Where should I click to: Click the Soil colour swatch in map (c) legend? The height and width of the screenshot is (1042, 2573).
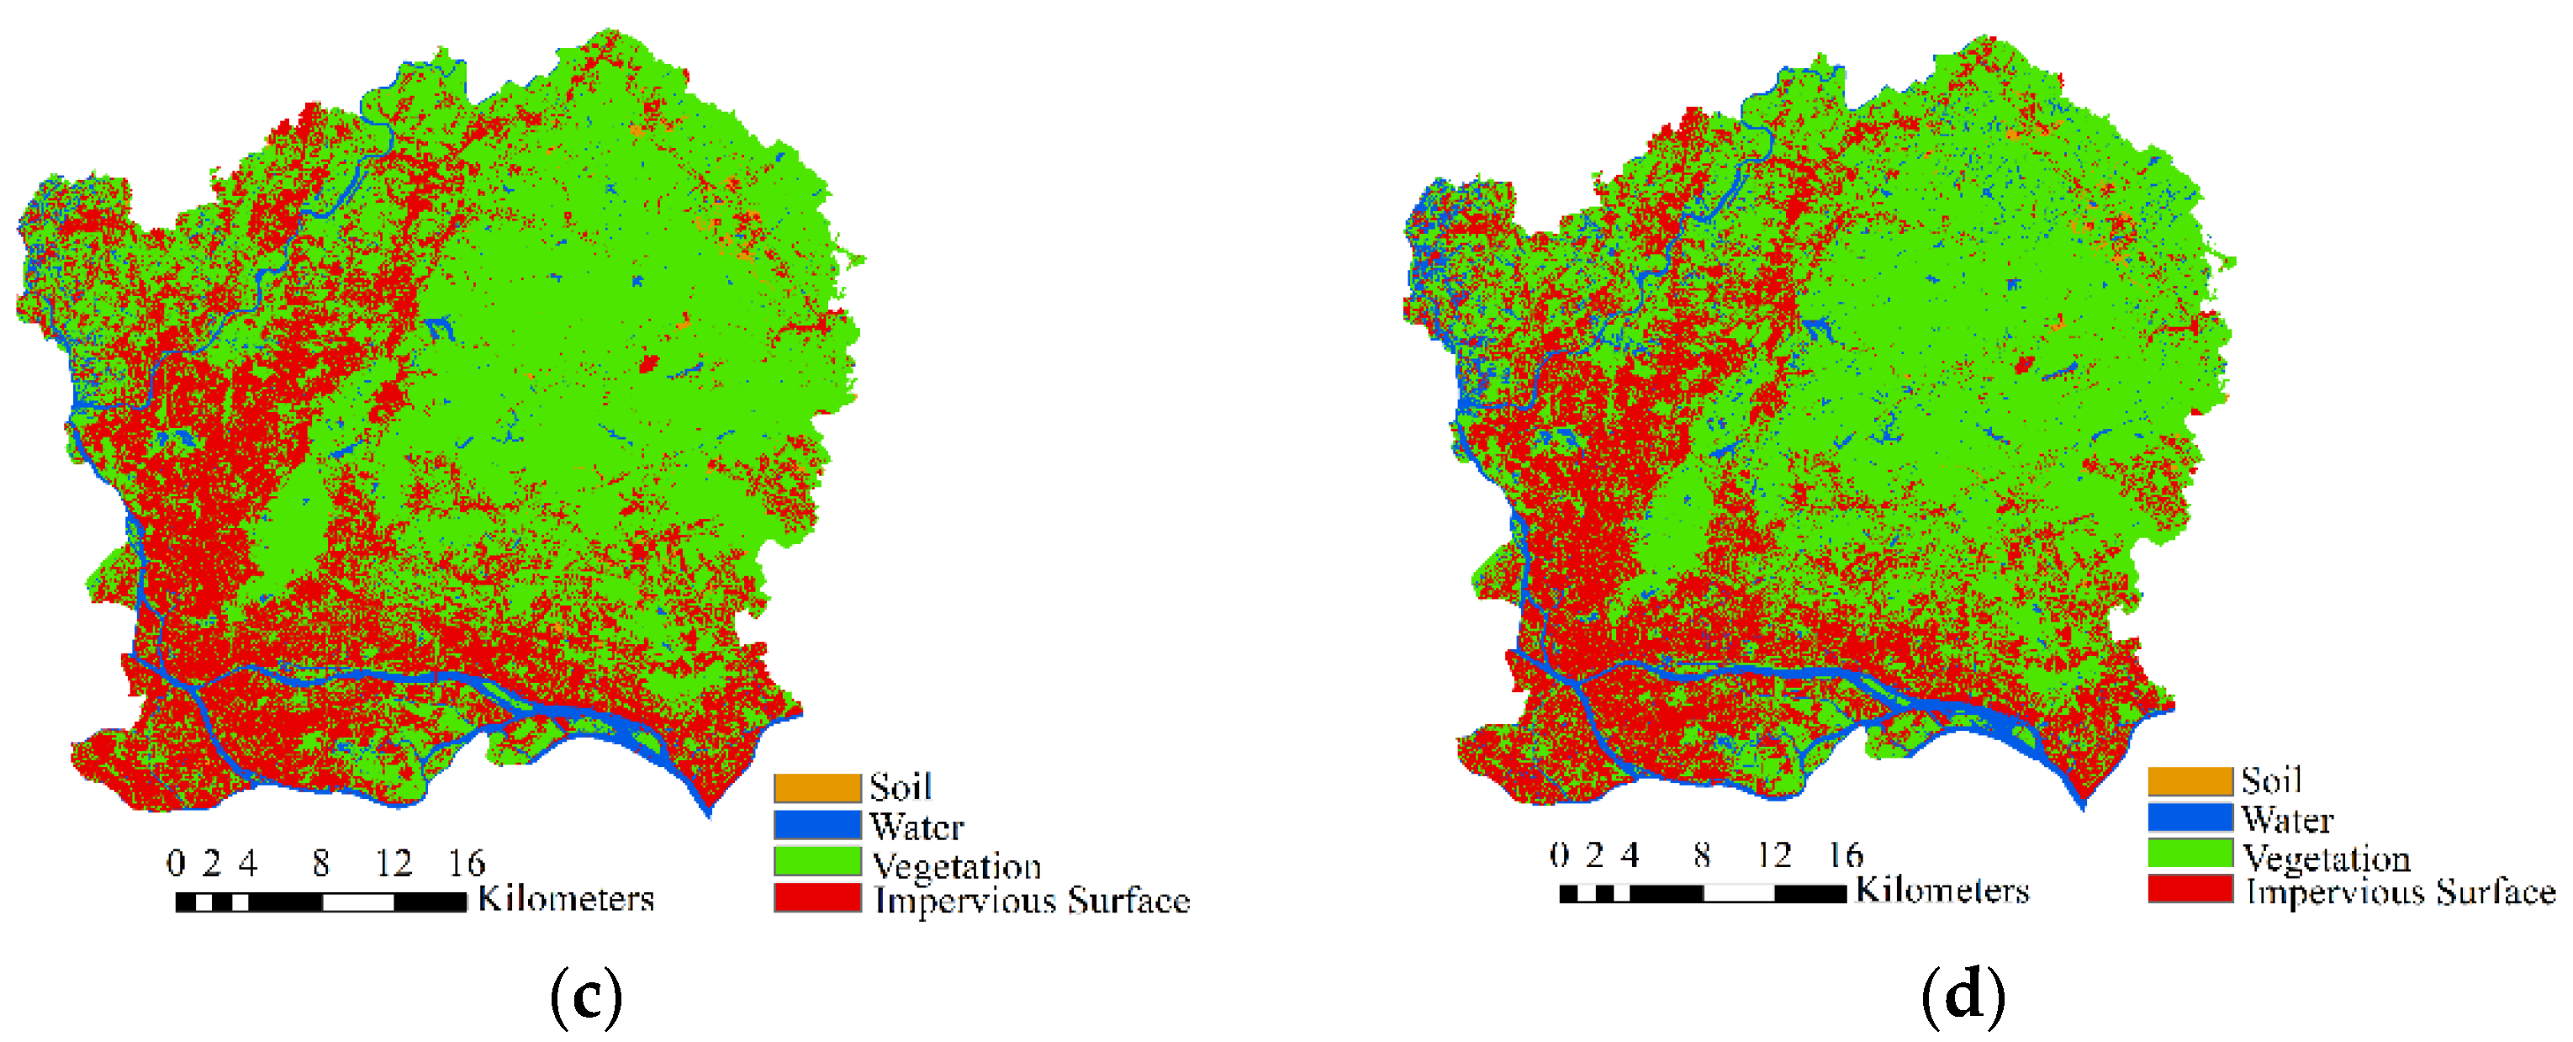816,788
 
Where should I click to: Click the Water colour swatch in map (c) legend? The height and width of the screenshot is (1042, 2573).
816,825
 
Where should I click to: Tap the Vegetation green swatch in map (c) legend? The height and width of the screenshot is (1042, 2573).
816,861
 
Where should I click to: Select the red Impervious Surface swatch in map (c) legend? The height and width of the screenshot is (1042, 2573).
816,897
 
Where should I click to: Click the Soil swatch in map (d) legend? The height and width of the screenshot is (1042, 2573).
2190,781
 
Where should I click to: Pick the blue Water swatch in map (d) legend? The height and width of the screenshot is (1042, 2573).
2190,818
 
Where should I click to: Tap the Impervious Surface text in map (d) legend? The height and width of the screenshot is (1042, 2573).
2400,891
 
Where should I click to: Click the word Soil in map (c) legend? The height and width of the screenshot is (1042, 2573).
900,787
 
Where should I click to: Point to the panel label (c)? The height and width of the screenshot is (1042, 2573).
586,996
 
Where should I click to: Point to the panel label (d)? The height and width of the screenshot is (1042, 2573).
1963,996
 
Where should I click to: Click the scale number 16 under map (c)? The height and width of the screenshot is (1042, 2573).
466,863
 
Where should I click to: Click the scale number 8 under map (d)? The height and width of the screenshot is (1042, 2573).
1702,855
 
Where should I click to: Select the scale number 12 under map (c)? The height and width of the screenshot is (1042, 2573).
394,863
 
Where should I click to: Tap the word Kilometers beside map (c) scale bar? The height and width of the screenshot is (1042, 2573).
565,898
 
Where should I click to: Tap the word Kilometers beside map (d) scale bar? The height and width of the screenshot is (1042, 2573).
1942,890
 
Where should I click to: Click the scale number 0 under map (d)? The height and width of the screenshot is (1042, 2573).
1559,855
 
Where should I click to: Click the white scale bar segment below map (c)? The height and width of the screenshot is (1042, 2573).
357,903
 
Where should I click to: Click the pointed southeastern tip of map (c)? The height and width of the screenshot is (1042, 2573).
709,813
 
